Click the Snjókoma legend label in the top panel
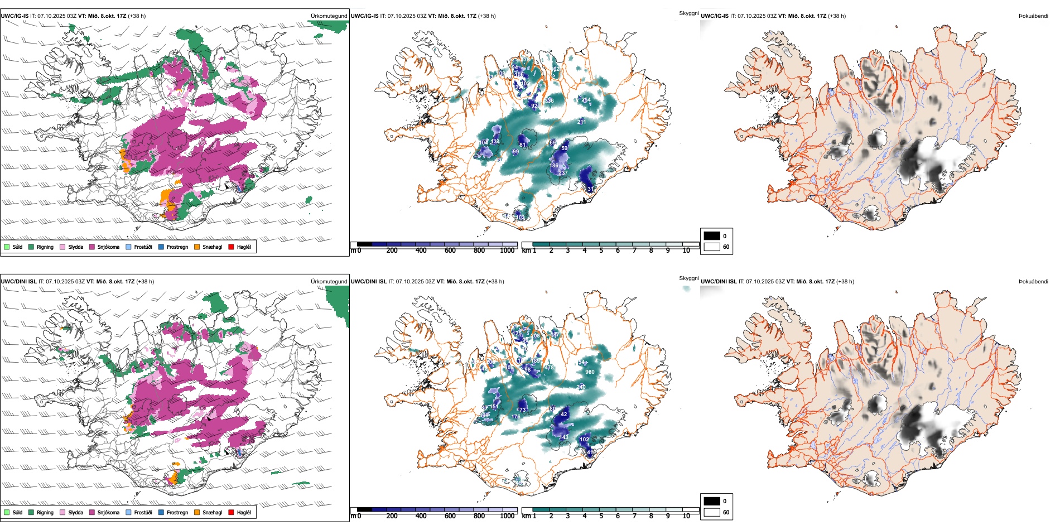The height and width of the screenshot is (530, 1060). (x=108, y=247)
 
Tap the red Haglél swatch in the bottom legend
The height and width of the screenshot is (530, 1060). (x=232, y=512)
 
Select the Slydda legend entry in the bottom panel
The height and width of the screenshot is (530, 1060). (x=75, y=512)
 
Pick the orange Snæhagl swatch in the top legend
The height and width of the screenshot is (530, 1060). (x=197, y=247)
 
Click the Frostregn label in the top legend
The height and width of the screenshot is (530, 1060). (x=177, y=247)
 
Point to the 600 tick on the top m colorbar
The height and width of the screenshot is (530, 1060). (x=450, y=250)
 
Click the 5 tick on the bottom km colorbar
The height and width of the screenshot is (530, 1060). (x=601, y=516)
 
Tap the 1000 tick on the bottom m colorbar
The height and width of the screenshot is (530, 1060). (x=507, y=516)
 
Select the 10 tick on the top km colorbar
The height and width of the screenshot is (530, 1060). (x=686, y=250)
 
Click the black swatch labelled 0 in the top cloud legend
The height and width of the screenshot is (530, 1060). (x=712, y=236)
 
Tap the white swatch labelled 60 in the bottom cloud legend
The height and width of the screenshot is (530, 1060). (x=712, y=512)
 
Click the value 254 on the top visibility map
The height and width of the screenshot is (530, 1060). (x=586, y=100)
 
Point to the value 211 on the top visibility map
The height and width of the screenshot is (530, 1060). (x=581, y=122)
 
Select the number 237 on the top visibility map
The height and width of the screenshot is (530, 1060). (x=563, y=173)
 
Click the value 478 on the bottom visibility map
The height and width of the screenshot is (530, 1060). (x=550, y=368)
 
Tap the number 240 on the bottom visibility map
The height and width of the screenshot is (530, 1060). (x=581, y=387)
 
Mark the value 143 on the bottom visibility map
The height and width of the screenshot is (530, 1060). (x=564, y=437)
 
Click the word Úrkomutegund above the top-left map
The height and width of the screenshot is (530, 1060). (x=329, y=16)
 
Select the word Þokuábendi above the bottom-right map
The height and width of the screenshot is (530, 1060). (x=1033, y=282)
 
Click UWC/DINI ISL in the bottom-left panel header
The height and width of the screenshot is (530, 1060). (x=18, y=282)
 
